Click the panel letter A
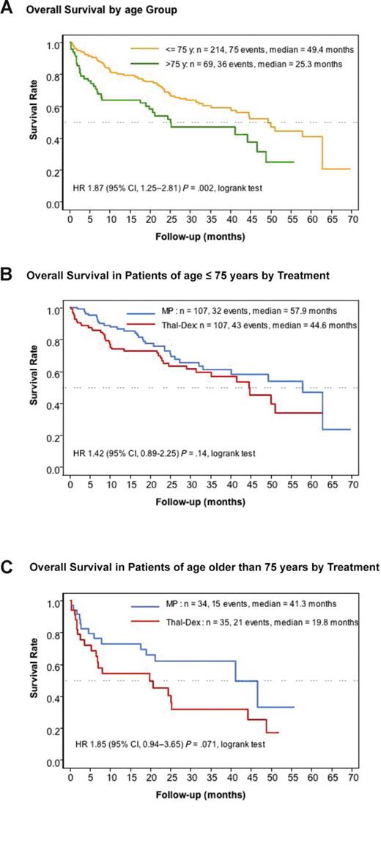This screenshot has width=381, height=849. [7, 10]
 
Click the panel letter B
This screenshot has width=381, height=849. [7, 276]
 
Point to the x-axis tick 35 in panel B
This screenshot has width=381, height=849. [210, 484]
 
